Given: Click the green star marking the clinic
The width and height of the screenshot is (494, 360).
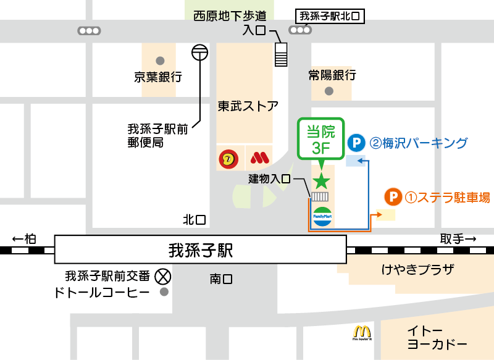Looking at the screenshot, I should click(x=321, y=180).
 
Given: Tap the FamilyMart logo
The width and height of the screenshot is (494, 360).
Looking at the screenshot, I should click(x=322, y=217).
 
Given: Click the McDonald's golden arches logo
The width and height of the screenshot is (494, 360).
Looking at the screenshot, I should click(x=361, y=332).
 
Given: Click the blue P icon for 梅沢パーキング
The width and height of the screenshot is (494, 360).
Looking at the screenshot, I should click(x=356, y=144).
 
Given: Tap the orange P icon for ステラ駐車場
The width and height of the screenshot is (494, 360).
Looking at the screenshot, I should click(x=393, y=198).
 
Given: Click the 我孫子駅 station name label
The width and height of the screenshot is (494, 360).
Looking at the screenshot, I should click(x=201, y=251).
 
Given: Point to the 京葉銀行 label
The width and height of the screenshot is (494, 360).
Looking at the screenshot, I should click(x=159, y=77).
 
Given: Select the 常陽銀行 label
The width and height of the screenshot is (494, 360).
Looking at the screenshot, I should click(x=332, y=75).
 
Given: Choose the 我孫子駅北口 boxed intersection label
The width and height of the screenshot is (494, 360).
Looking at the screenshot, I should click(x=330, y=16).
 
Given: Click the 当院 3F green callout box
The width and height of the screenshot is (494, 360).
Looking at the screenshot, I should click(x=320, y=138).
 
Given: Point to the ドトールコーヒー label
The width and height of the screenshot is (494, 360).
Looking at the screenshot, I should click(x=101, y=292).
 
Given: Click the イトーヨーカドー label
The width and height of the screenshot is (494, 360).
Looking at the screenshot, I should click(x=437, y=337).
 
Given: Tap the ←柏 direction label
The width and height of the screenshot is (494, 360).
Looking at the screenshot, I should click(x=24, y=239).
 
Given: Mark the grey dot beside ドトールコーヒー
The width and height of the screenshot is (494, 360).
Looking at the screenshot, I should click(x=164, y=292).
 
